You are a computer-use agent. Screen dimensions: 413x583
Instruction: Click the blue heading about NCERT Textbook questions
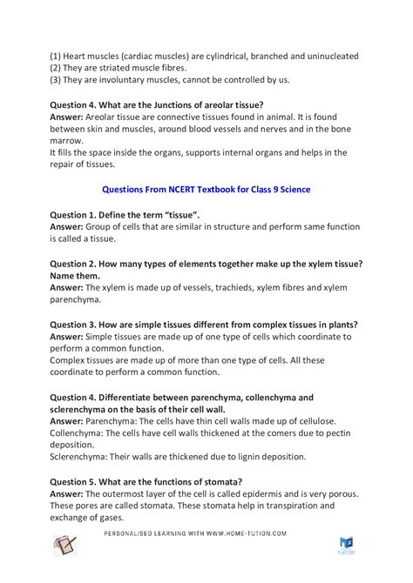tap(206, 188)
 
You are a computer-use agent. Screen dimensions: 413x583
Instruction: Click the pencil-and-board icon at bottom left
tap(64, 546)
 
